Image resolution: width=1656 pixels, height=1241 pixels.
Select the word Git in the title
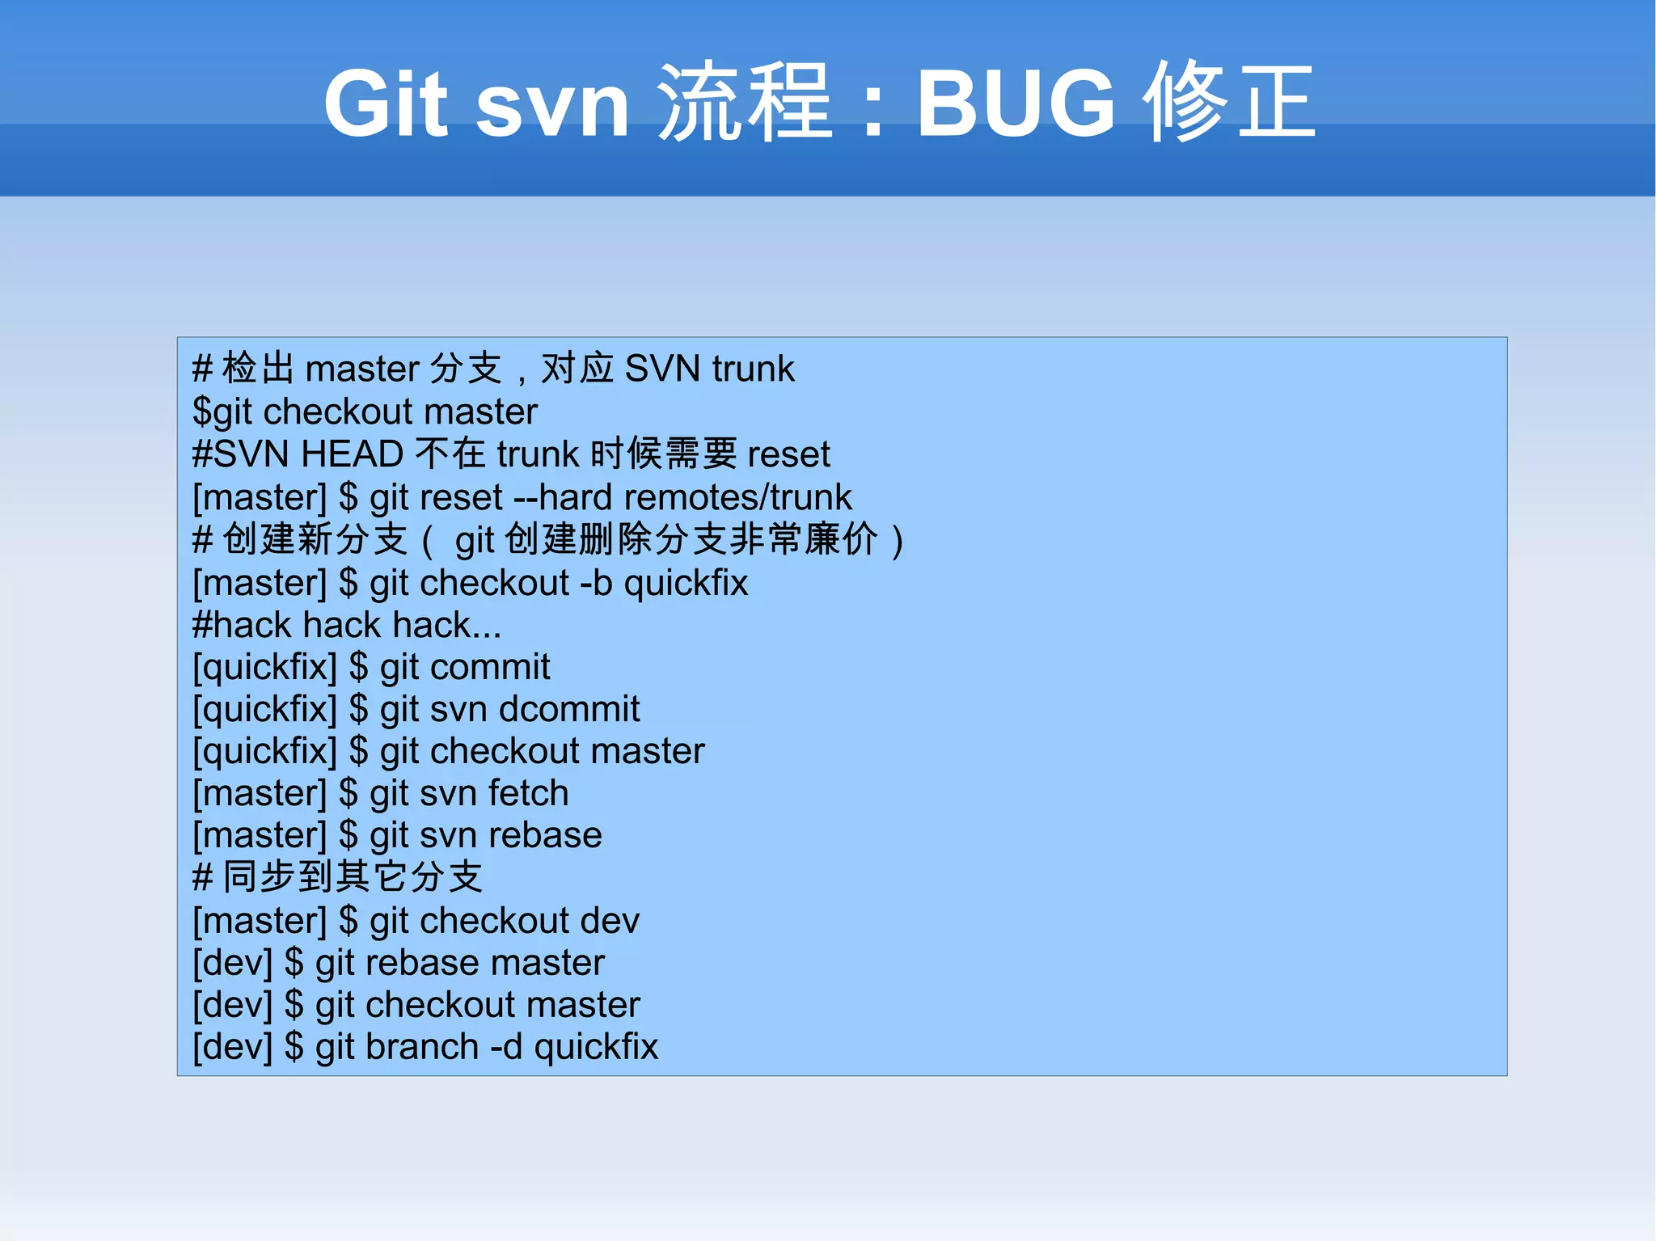(386, 103)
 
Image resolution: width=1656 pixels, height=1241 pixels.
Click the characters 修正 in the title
(1229, 102)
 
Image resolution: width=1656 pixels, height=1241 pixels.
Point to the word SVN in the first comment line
(662, 369)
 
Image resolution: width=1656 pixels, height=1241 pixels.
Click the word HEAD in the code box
(352, 454)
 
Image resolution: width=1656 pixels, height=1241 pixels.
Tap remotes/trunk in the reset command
(737, 497)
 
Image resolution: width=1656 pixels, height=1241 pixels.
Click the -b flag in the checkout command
(596, 583)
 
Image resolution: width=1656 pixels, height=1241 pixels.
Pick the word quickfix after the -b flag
(686, 583)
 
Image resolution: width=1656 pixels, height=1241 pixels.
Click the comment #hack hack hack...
(347, 625)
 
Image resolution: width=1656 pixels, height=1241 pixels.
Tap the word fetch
(528, 793)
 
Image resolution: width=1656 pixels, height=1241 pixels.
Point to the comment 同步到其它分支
(353, 877)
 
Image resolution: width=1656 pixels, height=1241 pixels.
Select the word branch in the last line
(422, 1047)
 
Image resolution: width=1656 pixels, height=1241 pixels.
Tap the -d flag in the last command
(506, 1047)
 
